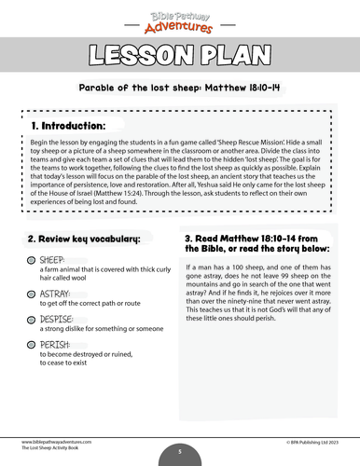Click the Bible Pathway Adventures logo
(180, 19)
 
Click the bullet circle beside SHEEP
(31, 259)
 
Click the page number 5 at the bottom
(180, 453)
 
